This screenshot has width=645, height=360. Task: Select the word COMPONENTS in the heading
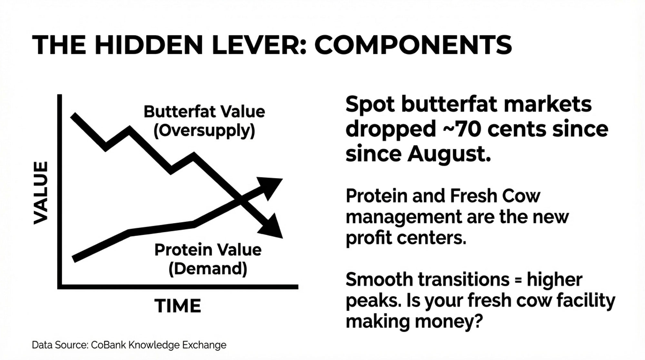click(x=413, y=45)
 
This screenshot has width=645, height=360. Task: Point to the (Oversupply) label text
click(x=204, y=131)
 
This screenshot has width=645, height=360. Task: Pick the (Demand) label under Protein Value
click(x=208, y=269)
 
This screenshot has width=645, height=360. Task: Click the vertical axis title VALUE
click(x=41, y=193)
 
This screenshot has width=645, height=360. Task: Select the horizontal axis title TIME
click(x=178, y=306)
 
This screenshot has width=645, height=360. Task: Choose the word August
click(x=449, y=154)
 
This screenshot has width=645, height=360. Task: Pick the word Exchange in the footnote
click(x=204, y=345)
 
